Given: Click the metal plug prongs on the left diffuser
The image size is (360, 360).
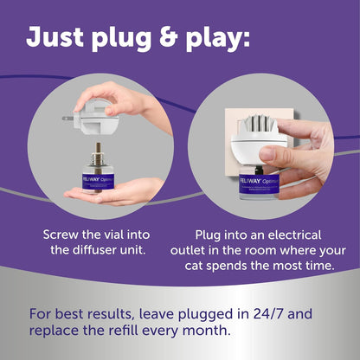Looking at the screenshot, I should click(72, 119).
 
